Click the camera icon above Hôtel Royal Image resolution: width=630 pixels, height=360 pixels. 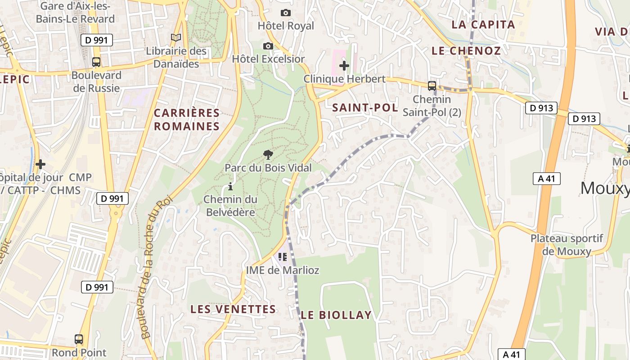click(285, 13)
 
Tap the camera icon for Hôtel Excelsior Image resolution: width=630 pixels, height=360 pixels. click(268, 46)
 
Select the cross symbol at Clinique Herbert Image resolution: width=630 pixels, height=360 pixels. click(344, 66)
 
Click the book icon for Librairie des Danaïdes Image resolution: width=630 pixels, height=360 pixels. click(176, 38)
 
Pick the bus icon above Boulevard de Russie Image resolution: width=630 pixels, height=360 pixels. click(96, 62)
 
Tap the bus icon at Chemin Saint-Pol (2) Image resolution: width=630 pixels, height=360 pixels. click(432, 85)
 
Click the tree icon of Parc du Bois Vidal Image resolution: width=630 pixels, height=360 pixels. click(268, 155)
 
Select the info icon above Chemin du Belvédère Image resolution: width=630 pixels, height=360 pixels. click(230, 186)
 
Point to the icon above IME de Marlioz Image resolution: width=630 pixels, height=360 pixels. click(282, 257)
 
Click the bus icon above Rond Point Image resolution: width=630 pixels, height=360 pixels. click(79, 339)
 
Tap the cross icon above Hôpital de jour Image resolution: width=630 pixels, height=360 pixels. click(40, 164)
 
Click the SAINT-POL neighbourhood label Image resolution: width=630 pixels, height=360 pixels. click(365, 108)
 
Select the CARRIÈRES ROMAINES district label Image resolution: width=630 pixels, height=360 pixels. click(187, 120)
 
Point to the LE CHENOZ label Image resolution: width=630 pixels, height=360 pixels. click(466, 51)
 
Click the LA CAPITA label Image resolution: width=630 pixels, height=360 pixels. click(483, 25)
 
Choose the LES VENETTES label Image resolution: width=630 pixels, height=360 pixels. click(233, 309)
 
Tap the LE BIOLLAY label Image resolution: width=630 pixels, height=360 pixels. click(336, 315)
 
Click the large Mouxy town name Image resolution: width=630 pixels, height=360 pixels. click(604, 188)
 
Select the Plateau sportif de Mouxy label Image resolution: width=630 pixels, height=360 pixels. click(567, 245)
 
